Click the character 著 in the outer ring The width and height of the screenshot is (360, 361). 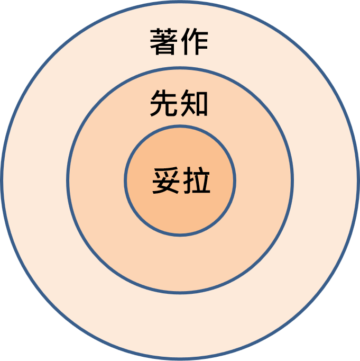coord(164,42)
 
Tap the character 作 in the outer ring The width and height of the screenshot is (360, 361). coord(195,42)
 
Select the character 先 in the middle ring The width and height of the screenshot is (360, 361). coord(164,103)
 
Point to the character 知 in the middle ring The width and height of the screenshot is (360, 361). coord(195,103)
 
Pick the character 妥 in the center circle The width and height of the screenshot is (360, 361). coord(166,180)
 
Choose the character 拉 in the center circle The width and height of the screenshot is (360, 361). coord(197,180)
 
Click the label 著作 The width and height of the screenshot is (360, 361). coord(179,42)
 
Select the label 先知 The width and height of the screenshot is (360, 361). coord(179,103)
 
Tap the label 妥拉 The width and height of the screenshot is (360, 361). coord(181,180)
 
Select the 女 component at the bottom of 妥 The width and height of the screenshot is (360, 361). coord(166,186)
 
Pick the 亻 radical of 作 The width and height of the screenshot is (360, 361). coord(186,42)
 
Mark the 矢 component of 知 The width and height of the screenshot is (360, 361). coord(188,103)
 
